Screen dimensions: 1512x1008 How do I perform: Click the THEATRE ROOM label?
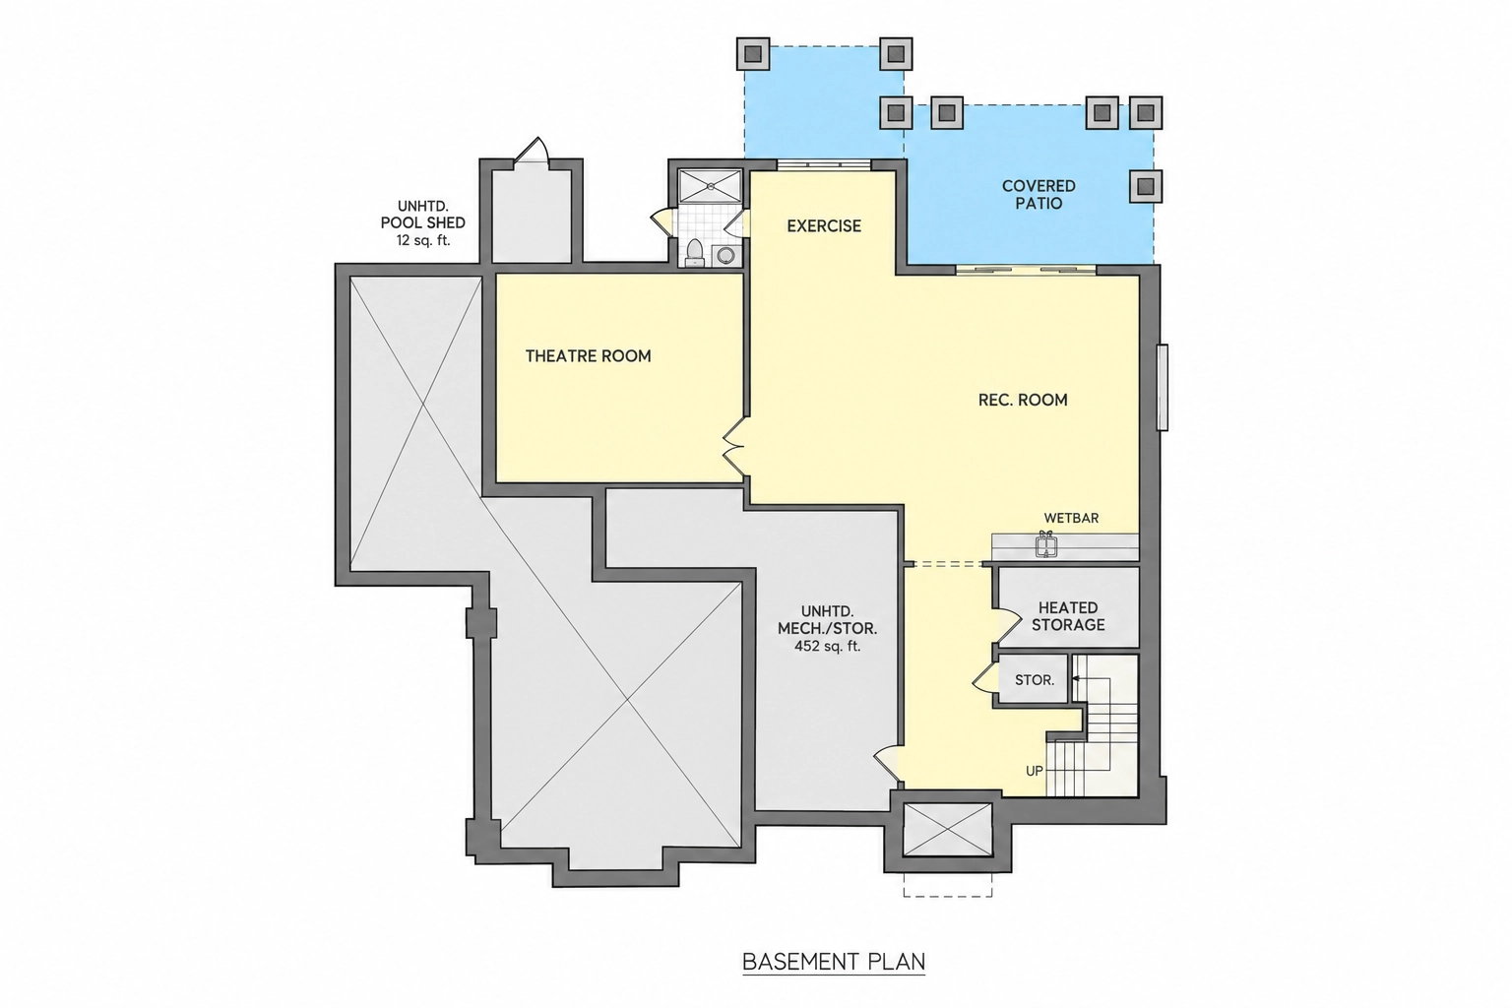point(588,355)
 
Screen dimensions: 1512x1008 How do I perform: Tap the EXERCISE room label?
point(824,225)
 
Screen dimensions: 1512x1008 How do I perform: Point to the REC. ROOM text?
point(1023,400)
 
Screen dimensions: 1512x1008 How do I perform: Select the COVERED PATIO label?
point(1039,195)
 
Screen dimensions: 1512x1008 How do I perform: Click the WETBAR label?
point(1071,518)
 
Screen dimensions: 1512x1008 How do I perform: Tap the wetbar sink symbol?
point(1045,543)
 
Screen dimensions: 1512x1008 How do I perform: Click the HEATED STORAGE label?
point(1068,616)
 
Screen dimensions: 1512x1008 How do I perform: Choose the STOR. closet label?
point(1035,680)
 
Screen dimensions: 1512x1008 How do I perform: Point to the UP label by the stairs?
point(1035,771)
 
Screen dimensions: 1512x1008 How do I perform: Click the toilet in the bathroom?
point(695,253)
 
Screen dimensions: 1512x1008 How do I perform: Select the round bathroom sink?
point(726,255)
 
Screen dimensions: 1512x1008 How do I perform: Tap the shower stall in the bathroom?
point(710,186)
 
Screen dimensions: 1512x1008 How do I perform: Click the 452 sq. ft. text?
point(827,646)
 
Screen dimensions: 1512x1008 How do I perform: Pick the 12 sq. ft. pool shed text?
point(423,239)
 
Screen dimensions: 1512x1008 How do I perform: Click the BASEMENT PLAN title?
point(834,962)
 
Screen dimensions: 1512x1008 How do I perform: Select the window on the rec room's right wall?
point(1163,387)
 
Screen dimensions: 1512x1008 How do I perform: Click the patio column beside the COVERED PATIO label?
point(1146,186)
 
